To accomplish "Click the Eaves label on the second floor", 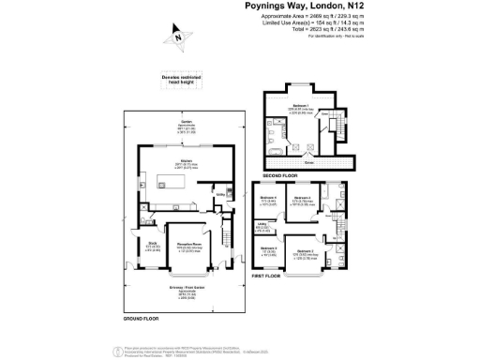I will [x=308, y=162].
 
